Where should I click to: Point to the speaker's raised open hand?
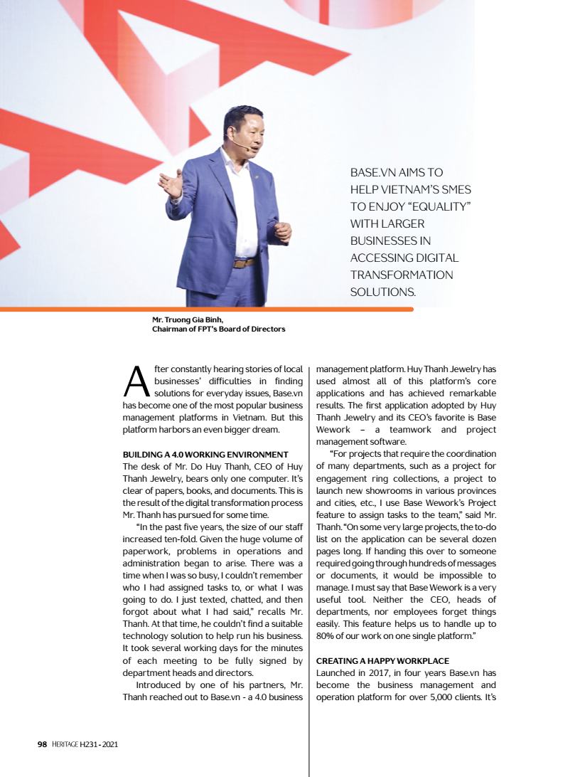pos(171,184)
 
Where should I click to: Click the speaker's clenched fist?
pos(282,231)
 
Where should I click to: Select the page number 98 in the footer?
pos(42,744)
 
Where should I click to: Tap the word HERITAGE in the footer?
pos(68,744)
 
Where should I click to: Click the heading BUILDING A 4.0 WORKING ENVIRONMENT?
pos(205,455)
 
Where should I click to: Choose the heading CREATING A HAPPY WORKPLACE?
pos(382,661)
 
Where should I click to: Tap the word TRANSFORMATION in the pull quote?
pos(402,275)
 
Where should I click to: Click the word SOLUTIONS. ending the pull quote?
pos(382,292)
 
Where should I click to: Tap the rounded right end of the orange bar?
pos(410,309)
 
